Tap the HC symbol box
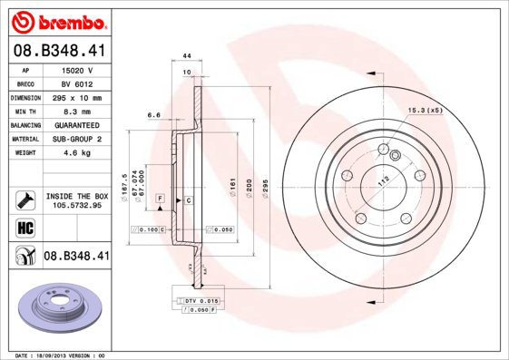25,227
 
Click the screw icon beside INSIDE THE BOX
25,199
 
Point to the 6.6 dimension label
153,115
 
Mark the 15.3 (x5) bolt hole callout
425,111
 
